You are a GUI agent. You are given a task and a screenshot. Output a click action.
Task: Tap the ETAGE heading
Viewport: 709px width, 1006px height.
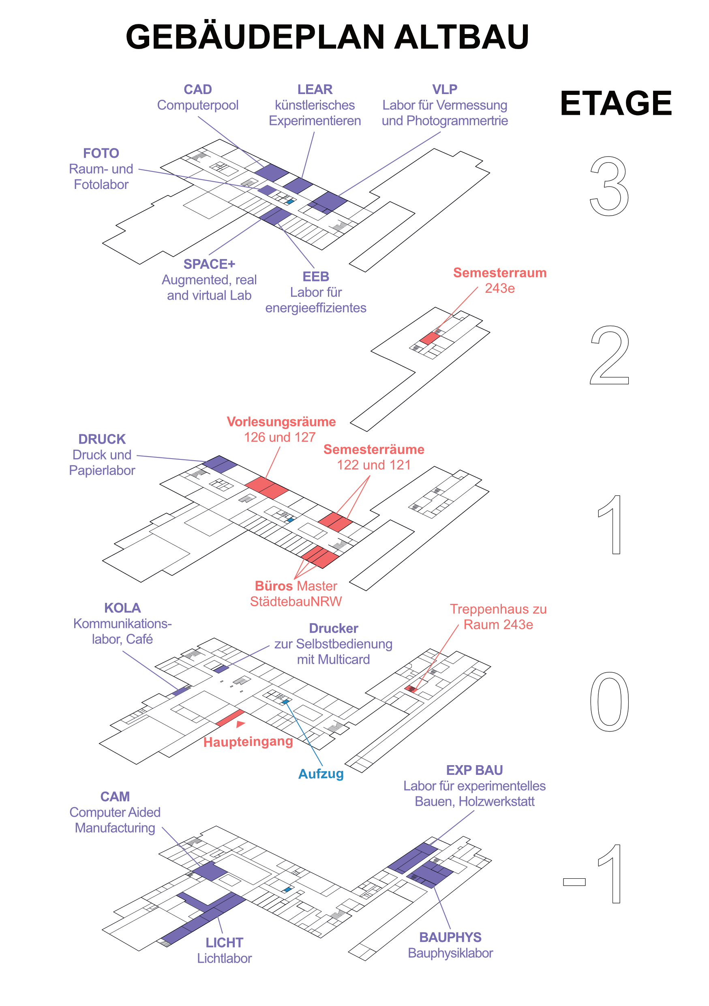point(616,104)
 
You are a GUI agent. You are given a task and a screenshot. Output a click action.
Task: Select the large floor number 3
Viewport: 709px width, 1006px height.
point(609,186)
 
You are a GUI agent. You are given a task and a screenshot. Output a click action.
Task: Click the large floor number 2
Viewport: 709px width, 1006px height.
point(609,355)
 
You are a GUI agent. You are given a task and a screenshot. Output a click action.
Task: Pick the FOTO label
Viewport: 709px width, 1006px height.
point(101,153)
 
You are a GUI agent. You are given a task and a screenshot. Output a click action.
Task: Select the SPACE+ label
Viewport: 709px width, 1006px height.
point(209,264)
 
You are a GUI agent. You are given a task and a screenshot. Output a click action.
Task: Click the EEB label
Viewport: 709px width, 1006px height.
point(316,277)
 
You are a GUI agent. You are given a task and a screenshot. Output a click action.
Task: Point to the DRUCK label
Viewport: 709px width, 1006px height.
point(102,439)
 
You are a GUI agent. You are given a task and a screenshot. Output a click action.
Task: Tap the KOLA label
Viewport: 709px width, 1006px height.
point(122,608)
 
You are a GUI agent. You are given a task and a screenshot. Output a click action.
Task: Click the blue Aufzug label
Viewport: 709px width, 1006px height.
point(321,774)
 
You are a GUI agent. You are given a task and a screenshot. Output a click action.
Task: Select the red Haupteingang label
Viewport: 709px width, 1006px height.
point(248,742)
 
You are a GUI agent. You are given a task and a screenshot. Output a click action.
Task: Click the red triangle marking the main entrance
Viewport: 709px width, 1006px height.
point(240,724)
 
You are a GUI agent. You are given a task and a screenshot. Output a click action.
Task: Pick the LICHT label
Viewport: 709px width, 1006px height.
point(224,942)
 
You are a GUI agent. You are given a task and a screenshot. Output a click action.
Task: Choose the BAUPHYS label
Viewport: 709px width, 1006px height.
point(450,937)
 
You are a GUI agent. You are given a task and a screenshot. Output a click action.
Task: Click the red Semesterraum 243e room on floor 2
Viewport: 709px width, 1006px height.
point(430,338)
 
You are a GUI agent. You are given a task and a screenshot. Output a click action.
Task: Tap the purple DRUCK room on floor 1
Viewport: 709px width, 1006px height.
point(220,463)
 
